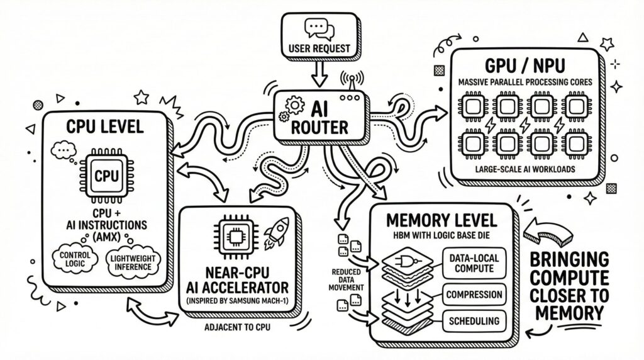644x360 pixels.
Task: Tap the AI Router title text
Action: (322, 117)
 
